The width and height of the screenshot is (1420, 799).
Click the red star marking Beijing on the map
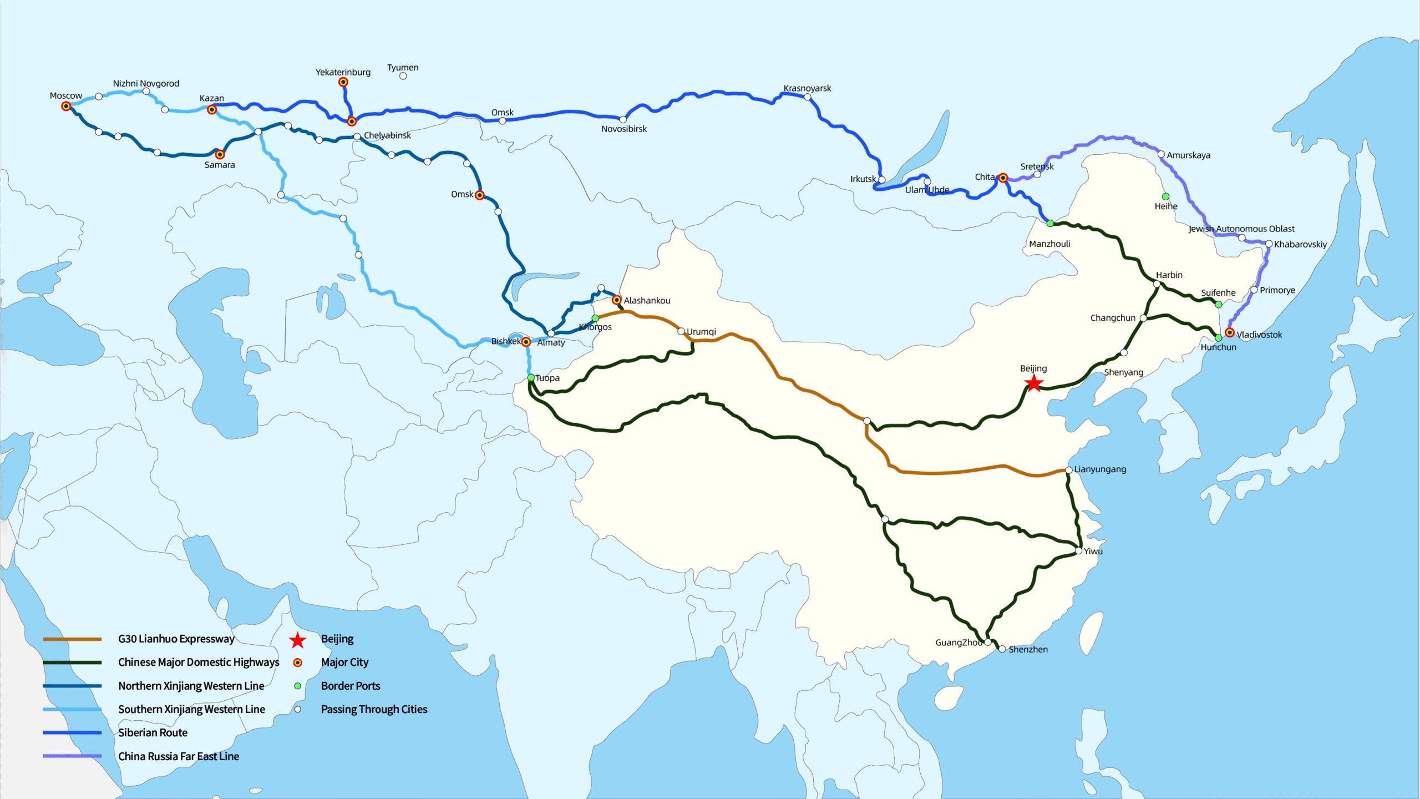pos(1033,383)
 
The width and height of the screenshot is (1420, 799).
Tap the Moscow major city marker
pos(66,106)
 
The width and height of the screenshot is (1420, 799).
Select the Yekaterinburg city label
pos(343,72)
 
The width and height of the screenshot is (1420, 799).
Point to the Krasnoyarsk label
pos(807,88)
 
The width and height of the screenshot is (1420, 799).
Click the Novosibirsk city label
pos(623,129)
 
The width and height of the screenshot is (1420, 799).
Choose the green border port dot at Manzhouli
pos(1050,224)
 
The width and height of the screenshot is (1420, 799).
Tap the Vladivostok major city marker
pos(1230,332)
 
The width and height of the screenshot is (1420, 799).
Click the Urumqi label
pos(701,332)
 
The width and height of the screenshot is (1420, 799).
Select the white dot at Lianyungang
pos(1069,470)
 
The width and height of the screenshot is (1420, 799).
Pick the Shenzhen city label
pos(1028,649)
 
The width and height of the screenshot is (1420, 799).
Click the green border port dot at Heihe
pos(1165,196)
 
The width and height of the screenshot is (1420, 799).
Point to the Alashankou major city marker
pos(616,300)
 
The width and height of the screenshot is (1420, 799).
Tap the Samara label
pos(220,165)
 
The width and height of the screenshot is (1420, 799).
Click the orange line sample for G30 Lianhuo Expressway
pos(72,639)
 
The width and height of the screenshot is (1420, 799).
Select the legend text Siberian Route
pos(153,732)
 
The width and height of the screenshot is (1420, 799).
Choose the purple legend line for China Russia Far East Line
pos(72,756)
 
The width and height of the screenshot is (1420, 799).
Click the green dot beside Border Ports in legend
pos(298,686)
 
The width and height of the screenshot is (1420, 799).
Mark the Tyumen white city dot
pos(403,76)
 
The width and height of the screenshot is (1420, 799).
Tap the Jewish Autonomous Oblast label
pos(1241,229)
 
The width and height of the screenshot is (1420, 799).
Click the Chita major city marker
pos(1003,178)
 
